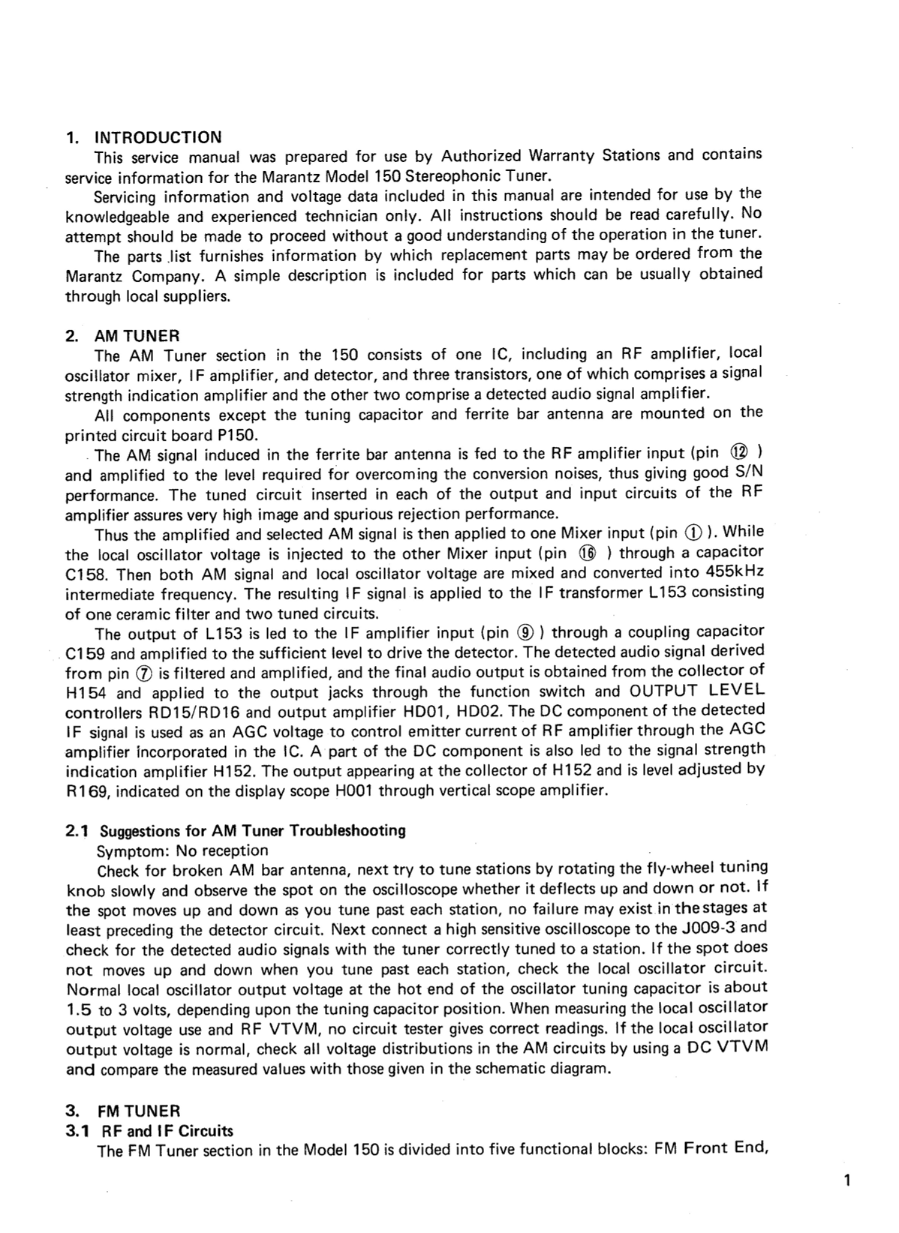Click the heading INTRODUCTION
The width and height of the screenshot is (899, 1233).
pyautogui.click(x=158, y=137)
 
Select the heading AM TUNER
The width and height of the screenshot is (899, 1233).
pyautogui.click(x=137, y=335)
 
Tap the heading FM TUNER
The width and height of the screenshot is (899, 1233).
pyautogui.click(x=139, y=1111)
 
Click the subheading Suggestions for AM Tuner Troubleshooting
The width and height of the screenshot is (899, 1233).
pyautogui.click(x=252, y=831)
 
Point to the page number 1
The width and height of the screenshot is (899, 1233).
pyautogui.click(x=846, y=1181)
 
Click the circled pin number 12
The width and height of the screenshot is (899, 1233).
pyautogui.click(x=740, y=454)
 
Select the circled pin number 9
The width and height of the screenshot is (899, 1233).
pyautogui.click(x=525, y=632)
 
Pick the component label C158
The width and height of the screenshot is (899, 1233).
pyautogui.click(x=87, y=575)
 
